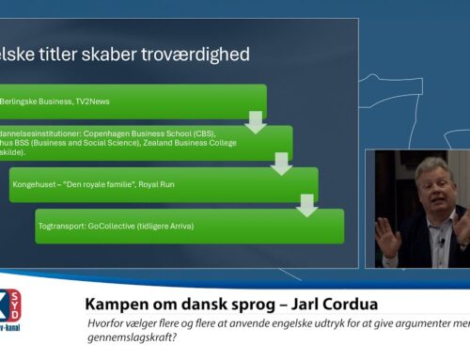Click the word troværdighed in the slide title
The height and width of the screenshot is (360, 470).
pyautogui.click(x=195, y=55)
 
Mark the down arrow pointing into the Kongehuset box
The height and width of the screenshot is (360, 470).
pyautogui.click(x=279, y=165)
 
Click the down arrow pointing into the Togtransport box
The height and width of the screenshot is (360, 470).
pyautogui.click(x=305, y=206)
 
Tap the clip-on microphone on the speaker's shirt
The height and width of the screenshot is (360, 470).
pyautogui.click(x=439, y=242)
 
